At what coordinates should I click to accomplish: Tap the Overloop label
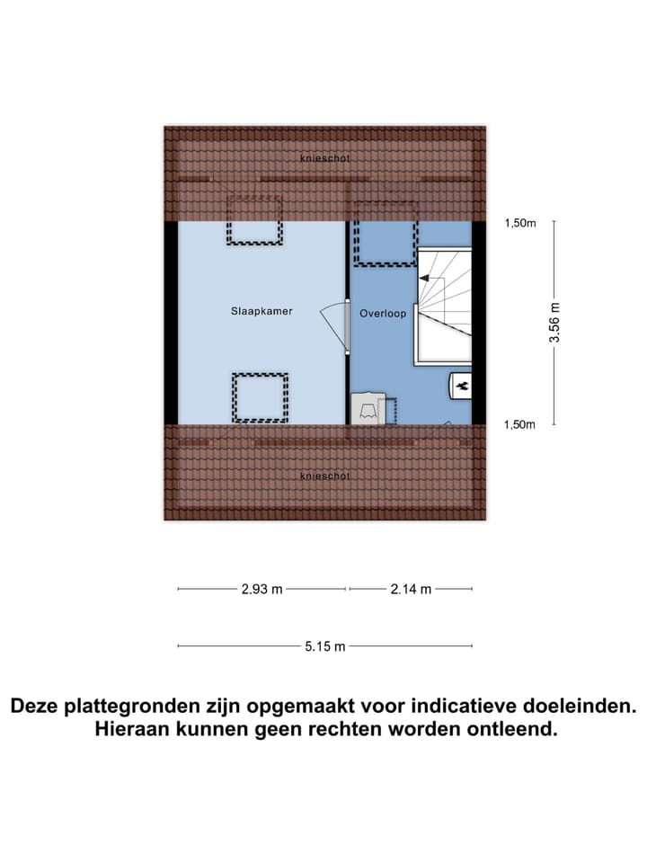pyautogui.click(x=383, y=314)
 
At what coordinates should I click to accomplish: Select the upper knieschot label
pyautogui.click(x=325, y=158)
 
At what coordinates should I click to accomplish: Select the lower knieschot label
pyautogui.click(x=325, y=476)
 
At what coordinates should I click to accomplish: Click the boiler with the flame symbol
pyautogui.click(x=461, y=386)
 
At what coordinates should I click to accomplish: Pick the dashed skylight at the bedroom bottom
pyautogui.click(x=260, y=397)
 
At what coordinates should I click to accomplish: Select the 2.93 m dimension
pyautogui.click(x=261, y=589)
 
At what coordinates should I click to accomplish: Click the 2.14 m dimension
pyautogui.click(x=411, y=589)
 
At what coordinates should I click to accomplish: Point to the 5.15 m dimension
pyautogui.click(x=324, y=645)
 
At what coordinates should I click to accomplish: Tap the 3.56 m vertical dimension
pyautogui.click(x=554, y=322)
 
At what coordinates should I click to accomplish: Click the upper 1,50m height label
pyautogui.click(x=520, y=224)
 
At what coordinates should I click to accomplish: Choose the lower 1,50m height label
pyautogui.click(x=520, y=424)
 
